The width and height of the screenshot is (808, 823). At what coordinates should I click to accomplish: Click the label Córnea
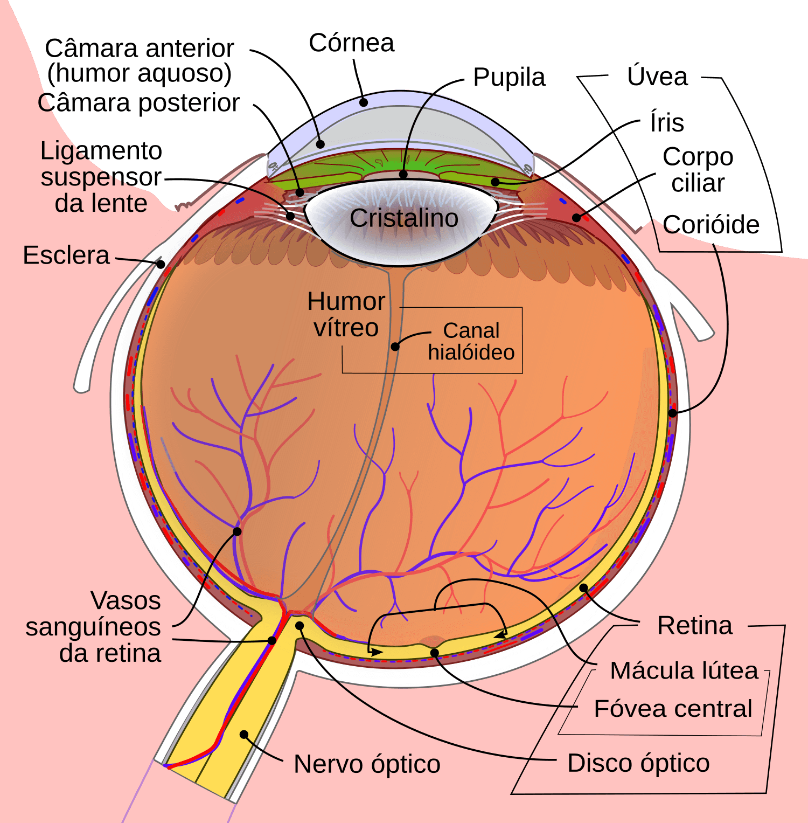pyautogui.click(x=351, y=43)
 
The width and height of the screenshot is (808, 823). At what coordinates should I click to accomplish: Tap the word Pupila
pyautogui.click(x=509, y=77)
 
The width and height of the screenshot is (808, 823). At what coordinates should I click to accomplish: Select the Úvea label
pyautogui.click(x=657, y=76)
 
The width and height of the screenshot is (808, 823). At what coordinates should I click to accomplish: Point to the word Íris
pyautogui.click(x=667, y=122)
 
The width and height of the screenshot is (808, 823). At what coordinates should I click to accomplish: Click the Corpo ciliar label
pyautogui.click(x=698, y=170)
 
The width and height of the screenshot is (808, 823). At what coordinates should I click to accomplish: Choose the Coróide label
pyautogui.click(x=711, y=224)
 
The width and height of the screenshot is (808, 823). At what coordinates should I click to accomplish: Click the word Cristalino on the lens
pyautogui.click(x=404, y=218)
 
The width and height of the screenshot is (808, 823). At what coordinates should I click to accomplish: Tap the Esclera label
pyautogui.click(x=66, y=255)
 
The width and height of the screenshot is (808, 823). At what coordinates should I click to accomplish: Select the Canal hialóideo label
pyautogui.click(x=471, y=341)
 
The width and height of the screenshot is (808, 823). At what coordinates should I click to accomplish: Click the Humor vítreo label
pyautogui.click(x=346, y=314)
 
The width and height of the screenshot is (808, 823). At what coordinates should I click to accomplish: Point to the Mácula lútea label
pyautogui.click(x=684, y=670)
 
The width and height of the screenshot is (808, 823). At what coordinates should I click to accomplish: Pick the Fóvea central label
pyautogui.click(x=673, y=708)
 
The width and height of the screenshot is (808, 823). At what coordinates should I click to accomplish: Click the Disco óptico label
pyautogui.click(x=638, y=763)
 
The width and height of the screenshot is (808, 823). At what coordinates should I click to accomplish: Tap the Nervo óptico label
pyautogui.click(x=367, y=764)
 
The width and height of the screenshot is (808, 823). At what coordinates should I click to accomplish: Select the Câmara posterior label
pyautogui.click(x=138, y=102)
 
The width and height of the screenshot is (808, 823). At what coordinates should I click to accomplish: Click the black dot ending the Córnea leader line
pyautogui.click(x=364, y=102)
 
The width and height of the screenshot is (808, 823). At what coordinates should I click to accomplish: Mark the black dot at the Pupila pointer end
pyautogui.click(x=403, y=174)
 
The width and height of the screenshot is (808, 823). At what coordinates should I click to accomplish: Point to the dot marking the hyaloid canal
pyautogui.click(x=395, y=347)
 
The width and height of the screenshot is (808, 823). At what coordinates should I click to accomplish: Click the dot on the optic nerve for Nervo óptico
pyautogui.click(x=244, y=735)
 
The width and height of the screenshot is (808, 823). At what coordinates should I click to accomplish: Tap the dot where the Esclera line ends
pyautogui.click(x=161, y=264)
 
